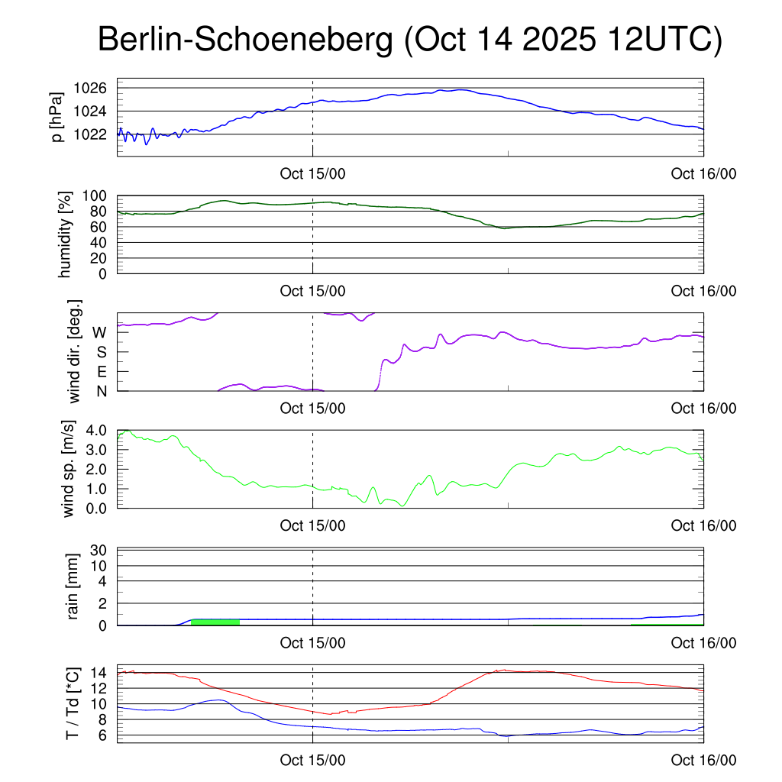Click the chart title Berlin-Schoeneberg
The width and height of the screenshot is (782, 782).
click(x=245, y=40)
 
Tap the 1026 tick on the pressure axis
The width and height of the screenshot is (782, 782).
click(x=91, y=89)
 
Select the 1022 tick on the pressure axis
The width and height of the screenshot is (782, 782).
click(x=91, y=134)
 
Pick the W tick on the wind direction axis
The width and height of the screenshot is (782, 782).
click(x=99, y=332)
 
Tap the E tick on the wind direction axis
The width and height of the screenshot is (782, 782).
click(x=101, y=371)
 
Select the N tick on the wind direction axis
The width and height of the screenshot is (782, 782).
click(x=101, y=390)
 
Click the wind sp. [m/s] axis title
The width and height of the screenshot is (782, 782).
click(x=69, y=469)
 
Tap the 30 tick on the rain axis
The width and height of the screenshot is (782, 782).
click(x=99, y=550)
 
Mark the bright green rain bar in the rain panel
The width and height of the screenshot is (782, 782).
click(x=215, y=622)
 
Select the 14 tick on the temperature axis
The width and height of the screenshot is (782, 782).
click(x=99, y=673)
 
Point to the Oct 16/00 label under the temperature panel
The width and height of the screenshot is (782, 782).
click(x=703, y=760)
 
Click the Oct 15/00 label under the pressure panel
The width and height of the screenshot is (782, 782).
click(x=312, y=173)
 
